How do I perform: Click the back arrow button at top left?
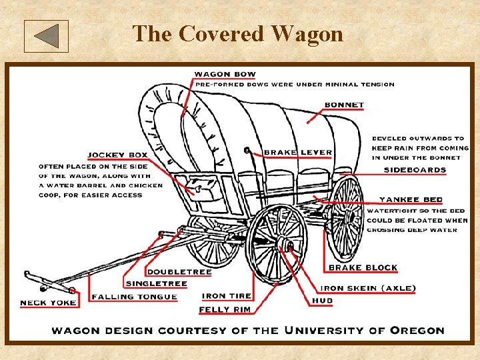coord(46,36)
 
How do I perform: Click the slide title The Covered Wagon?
coord(238,33)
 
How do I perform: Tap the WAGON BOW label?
coord(225,74)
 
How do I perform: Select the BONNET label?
coord(344,105)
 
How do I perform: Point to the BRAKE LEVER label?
coord(297,153)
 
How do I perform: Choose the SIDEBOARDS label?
coord(415,170)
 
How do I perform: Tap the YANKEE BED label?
coord(410,199)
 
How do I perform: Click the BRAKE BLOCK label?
coord(363,267)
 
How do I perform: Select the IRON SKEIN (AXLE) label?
coord(368,289)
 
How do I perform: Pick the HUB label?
coord(322,301)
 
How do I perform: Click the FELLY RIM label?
coord(224,310)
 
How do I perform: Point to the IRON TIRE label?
coord(227,296)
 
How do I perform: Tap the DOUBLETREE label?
coord(179,272)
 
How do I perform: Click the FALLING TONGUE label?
coord(135,297)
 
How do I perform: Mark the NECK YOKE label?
coord(48,303)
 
